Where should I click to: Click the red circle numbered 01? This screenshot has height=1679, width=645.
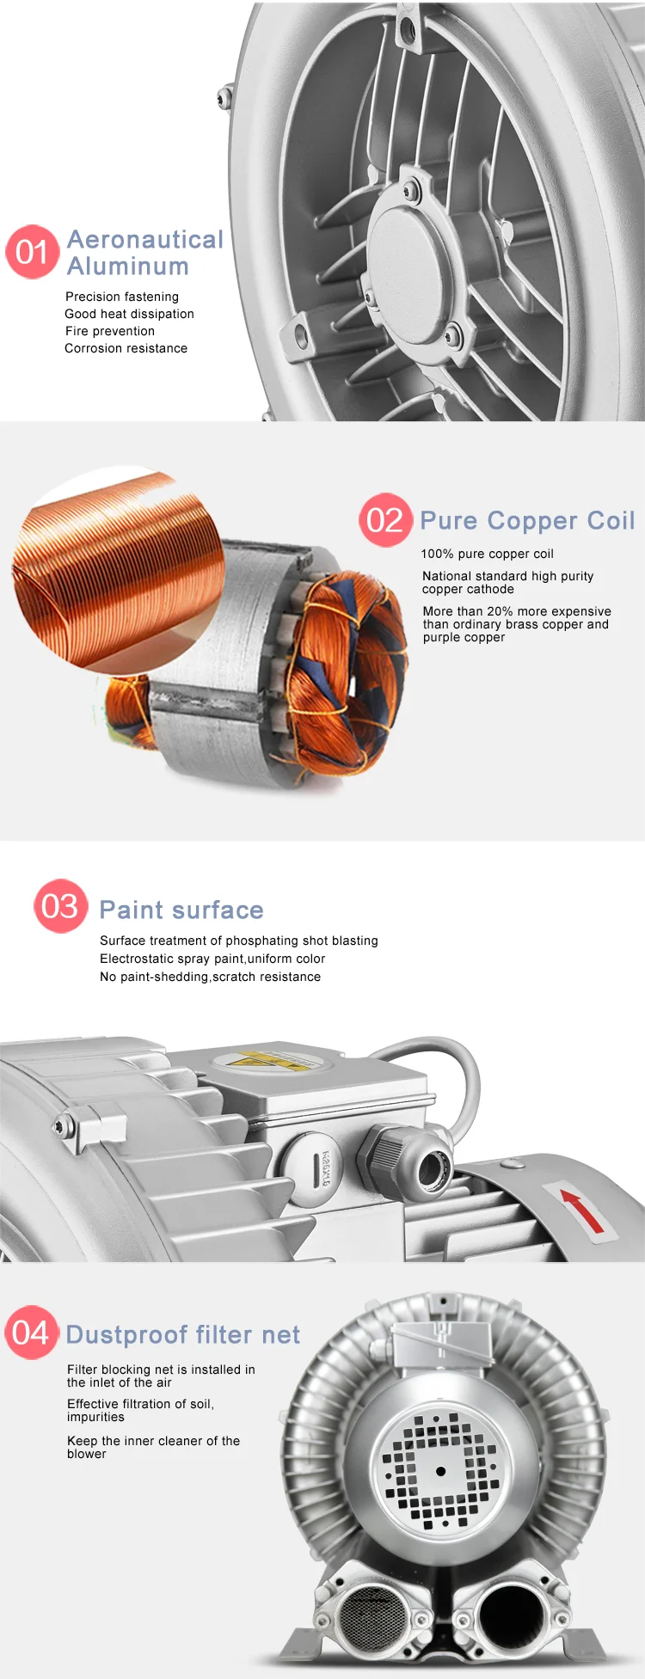click(32, 252)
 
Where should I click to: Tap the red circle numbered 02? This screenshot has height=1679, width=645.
click(384, 520)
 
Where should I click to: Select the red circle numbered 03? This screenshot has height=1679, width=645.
click(60, 906)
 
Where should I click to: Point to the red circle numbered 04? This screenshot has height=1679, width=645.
click(32, 1333)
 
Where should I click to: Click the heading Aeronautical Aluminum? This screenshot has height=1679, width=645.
click(144, 253)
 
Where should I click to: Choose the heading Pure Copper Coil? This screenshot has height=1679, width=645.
click(527, 521)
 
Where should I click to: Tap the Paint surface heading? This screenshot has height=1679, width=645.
click(181, 910)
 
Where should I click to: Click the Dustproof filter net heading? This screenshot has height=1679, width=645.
click(182, 1334)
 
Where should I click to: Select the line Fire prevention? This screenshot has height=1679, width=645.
click(110, 331)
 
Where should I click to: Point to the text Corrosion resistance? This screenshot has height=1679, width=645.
click(126, 348)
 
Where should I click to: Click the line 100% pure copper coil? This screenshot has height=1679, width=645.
click(488, 554)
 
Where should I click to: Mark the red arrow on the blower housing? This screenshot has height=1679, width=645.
click(583, 1210)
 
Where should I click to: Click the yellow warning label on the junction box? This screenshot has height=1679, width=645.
click(267, 1060)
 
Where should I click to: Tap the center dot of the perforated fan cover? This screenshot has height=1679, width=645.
click(441, 1471)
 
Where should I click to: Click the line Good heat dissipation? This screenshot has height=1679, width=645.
click(129, 314)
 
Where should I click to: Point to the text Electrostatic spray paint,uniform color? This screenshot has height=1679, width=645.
click(212, 959)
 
